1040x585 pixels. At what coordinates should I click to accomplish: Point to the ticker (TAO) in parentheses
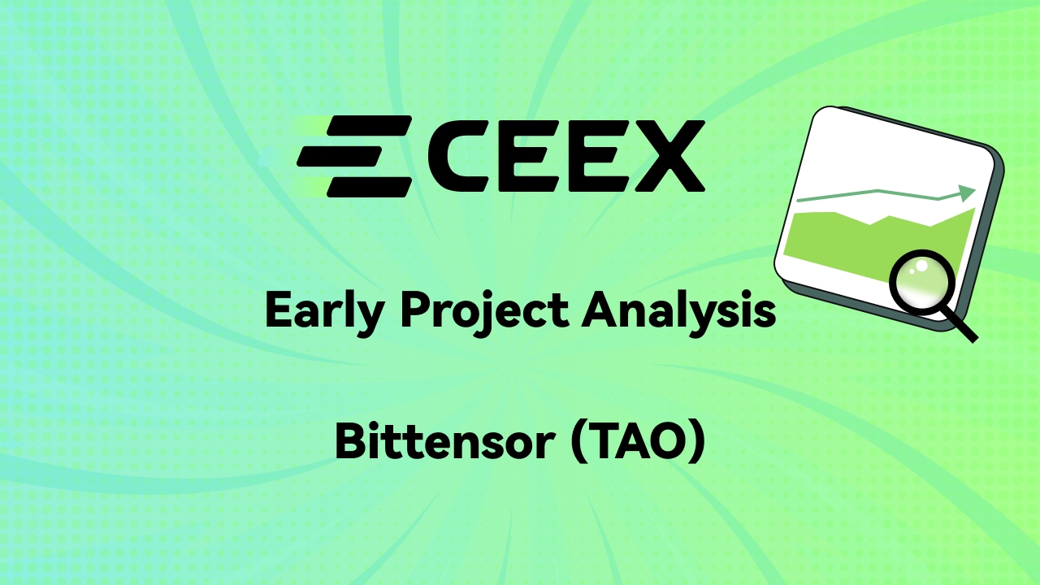tap(638, 443)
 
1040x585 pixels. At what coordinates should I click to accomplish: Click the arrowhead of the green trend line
tap(967, 193)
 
